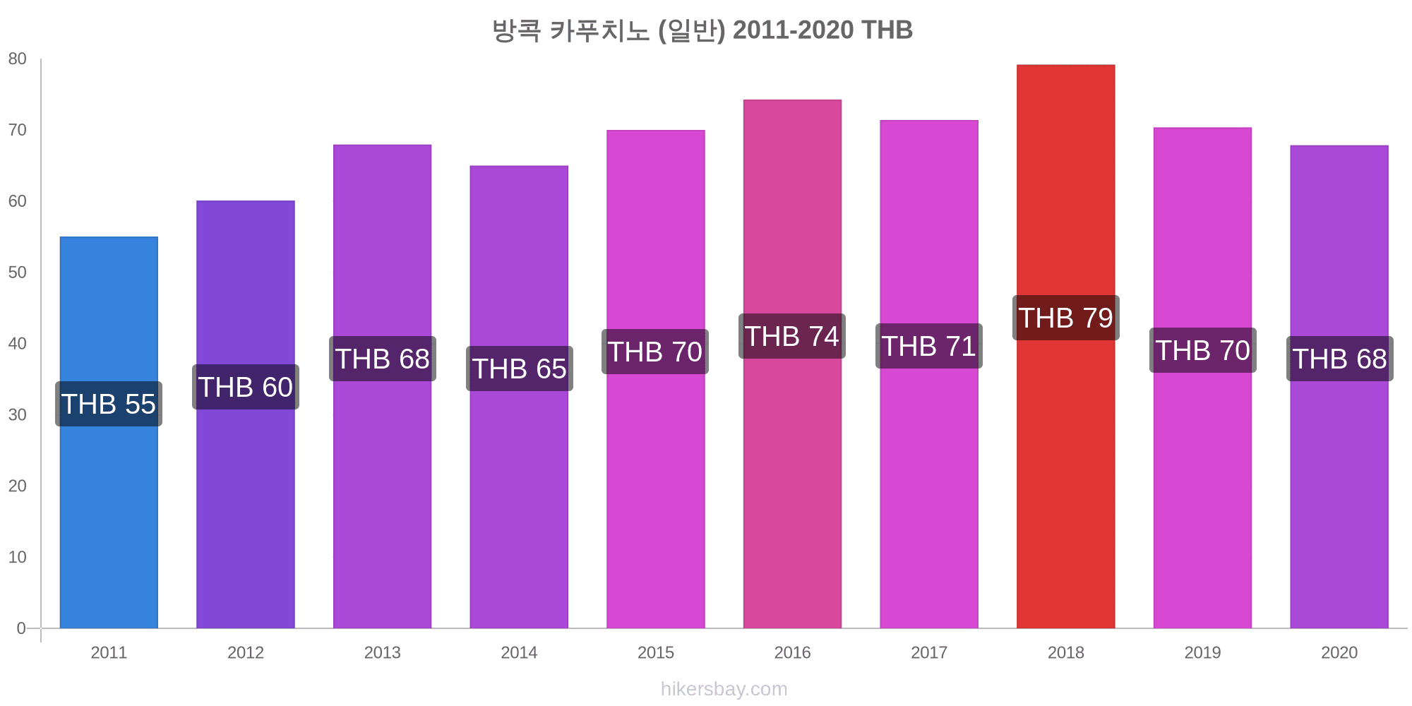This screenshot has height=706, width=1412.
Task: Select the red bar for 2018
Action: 1065,459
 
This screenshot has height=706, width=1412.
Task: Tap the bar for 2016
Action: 792,480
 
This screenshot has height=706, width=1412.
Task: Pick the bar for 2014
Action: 519,494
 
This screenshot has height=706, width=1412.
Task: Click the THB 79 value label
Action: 1065,318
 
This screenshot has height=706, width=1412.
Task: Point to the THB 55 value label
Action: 109,404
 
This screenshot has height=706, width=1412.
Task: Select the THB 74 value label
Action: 792,336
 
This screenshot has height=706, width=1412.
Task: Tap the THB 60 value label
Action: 246,387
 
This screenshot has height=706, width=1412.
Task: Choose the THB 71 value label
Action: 929,346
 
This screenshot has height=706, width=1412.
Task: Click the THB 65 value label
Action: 519,369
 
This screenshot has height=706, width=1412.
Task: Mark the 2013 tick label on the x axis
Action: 382,652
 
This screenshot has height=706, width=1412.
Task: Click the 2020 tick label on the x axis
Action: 1339,652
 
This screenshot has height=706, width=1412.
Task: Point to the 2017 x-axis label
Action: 929,652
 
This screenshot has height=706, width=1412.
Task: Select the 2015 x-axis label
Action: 656,652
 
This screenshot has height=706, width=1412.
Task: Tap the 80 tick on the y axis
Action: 18,59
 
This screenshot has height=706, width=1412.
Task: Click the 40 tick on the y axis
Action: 18,344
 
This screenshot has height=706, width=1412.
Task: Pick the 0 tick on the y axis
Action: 21,628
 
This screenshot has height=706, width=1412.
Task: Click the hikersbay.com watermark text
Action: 724,689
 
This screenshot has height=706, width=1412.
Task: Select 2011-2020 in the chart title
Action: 793,30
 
